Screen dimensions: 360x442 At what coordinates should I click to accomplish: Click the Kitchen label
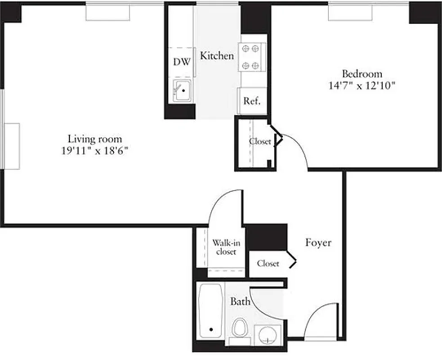pos(217,56)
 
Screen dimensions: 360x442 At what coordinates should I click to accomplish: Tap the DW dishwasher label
pos(182,62)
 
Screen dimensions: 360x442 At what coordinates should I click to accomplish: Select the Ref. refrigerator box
pos(252,101)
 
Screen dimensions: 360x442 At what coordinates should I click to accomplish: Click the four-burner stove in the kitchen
pos(251,57)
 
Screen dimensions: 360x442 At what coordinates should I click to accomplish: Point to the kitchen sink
pos(183,91)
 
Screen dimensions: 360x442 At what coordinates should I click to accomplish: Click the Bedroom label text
pos(362,74)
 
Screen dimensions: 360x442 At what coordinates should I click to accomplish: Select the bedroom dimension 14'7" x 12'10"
pos(362,85)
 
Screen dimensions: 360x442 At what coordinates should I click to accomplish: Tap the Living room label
pos(95,139)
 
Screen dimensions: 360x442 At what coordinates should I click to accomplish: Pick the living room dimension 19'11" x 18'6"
pos(95,151)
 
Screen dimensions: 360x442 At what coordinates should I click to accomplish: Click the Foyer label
pos(318,243)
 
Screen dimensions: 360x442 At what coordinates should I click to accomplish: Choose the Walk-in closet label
pos(226,247)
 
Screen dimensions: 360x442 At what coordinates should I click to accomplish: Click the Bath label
pos(240,301)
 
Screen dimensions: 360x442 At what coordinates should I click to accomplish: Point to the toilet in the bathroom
pos(240,328)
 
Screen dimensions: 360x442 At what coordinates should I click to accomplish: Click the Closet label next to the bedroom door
pos(260,141)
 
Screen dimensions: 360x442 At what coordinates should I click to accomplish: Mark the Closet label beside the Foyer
pos(268,264)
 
